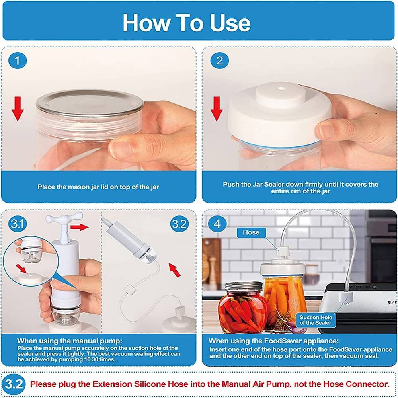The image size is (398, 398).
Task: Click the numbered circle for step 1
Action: (x=17, y=60)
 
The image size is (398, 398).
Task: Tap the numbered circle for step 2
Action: (x=220, y=60)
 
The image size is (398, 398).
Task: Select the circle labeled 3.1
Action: (x=17, y=224)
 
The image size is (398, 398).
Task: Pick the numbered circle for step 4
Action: (x=217, y=224)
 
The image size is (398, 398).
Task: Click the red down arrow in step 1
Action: (x=18, y=108)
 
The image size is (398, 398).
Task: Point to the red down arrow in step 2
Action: (x=217, y=108)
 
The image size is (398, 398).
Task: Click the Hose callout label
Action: (x=251, y=232)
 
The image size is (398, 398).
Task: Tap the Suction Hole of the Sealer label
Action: (x=316, y=320)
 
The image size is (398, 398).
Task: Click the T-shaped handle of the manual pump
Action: (x=64, y=218)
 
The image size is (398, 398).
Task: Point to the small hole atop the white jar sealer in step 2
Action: (x=281, y=89)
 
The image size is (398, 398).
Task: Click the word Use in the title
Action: (x=230, y=23)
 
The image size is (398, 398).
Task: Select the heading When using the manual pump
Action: (x=70, y=341)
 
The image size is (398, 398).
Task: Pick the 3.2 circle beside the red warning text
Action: (x=14, y=384)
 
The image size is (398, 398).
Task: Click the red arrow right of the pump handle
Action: (x=80, y=227)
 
